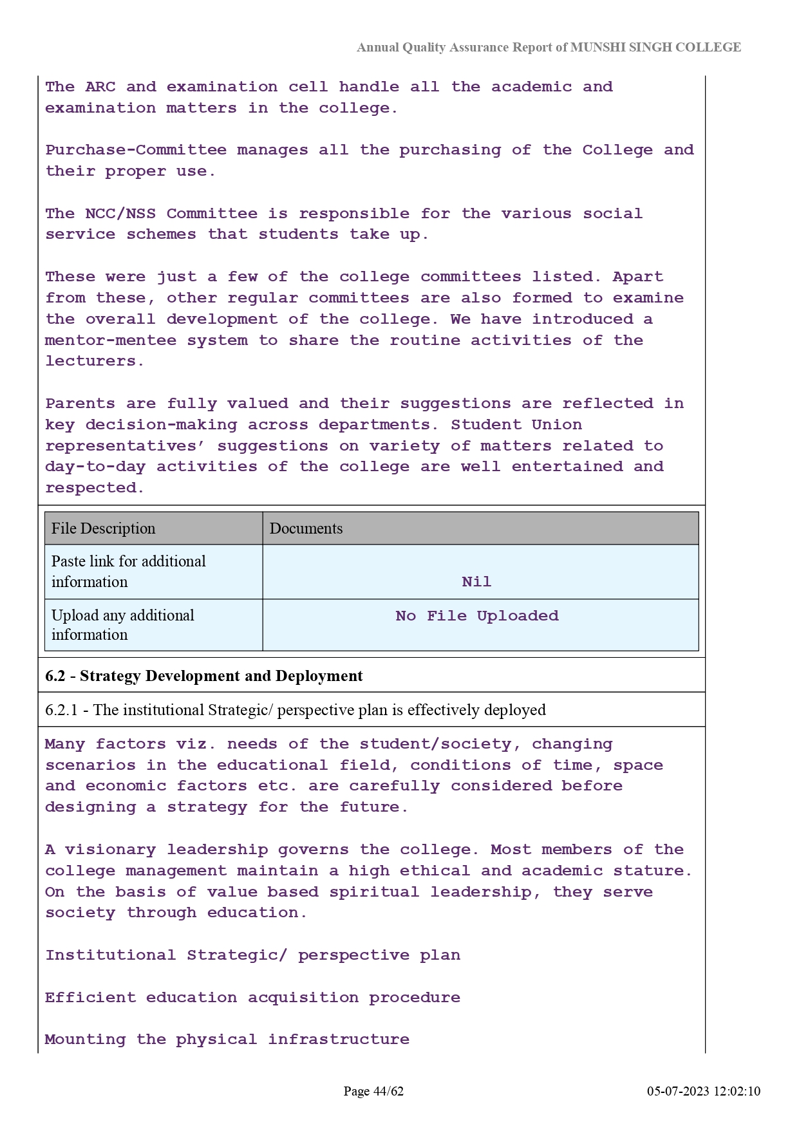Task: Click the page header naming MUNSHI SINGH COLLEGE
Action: coord(549,48)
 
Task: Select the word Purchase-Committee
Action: coord(136,150)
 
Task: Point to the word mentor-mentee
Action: coord(110,341)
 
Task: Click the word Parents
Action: coord(80,404)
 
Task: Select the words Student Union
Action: coord(516,425)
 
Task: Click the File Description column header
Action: coord(103,528)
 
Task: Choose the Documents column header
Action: coord(306,528)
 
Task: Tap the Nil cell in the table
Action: coord(476,582)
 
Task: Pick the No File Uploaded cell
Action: coord(476,616)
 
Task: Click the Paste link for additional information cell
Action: coord(128,572)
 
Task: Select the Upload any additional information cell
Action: coord(122,625)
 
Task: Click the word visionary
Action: coord(110,850)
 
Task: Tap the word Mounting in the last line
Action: coord(85,1040)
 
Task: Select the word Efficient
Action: coord(90,998)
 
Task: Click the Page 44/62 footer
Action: coord(373,1091)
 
